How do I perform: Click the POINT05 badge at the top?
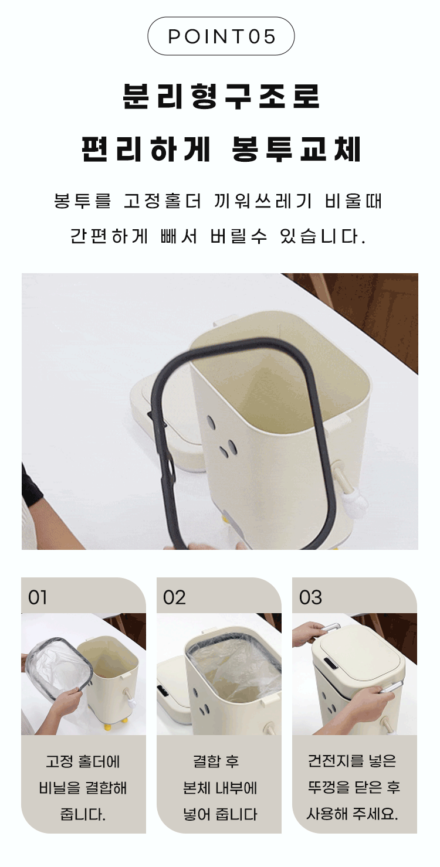pyautogui.click(x=221, y=36)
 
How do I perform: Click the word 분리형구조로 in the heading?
pyautogui.click(x=221, y=96)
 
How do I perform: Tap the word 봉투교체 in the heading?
pyautogui.click(x=296, y=149)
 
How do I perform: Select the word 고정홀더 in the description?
pyautogui.click(x=163, y=201)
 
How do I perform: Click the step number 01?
pyautogui.click(x=38, y=597)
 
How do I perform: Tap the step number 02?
pyautogui.click(x=174, y=597)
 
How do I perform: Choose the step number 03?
pyautogui.click(x=310, y=597)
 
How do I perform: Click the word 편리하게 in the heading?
pyautogui.click(x=146, y=149)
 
